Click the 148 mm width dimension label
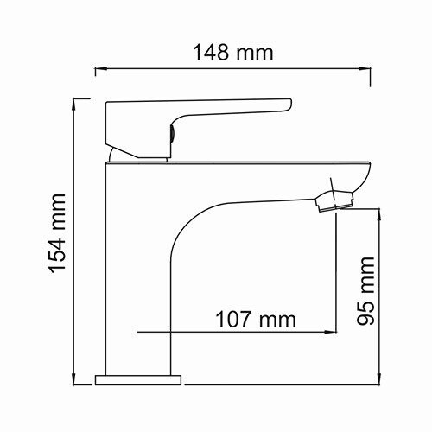(232, 53)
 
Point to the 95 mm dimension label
(366, 289)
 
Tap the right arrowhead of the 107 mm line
(330, 331)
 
